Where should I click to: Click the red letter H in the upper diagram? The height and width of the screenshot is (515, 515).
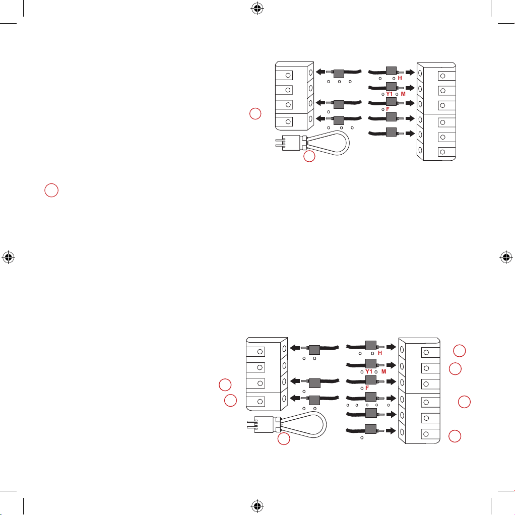400,78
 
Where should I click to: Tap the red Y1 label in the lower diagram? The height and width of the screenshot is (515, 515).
369,371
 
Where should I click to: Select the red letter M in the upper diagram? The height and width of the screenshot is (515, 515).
403,94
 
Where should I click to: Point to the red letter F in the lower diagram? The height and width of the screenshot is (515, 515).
367,388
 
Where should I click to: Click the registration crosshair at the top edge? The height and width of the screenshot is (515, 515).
257,9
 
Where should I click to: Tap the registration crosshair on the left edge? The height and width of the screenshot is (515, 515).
9,257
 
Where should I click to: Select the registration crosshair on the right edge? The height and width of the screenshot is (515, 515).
506,257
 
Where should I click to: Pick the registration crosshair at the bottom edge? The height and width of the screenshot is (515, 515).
257,506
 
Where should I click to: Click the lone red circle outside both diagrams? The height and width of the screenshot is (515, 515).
51,190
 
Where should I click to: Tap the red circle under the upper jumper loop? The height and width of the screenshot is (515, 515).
309,156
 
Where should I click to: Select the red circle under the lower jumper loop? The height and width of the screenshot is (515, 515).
284,439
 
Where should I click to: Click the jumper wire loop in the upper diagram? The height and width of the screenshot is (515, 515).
349,143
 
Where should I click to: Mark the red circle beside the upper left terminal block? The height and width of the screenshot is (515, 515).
255,114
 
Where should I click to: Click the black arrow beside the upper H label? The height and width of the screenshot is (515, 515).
410,72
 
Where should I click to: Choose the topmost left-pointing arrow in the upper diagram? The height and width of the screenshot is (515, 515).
320,72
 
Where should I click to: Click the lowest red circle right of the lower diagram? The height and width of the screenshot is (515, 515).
455,436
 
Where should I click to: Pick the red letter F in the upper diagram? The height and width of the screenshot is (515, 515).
388,109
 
